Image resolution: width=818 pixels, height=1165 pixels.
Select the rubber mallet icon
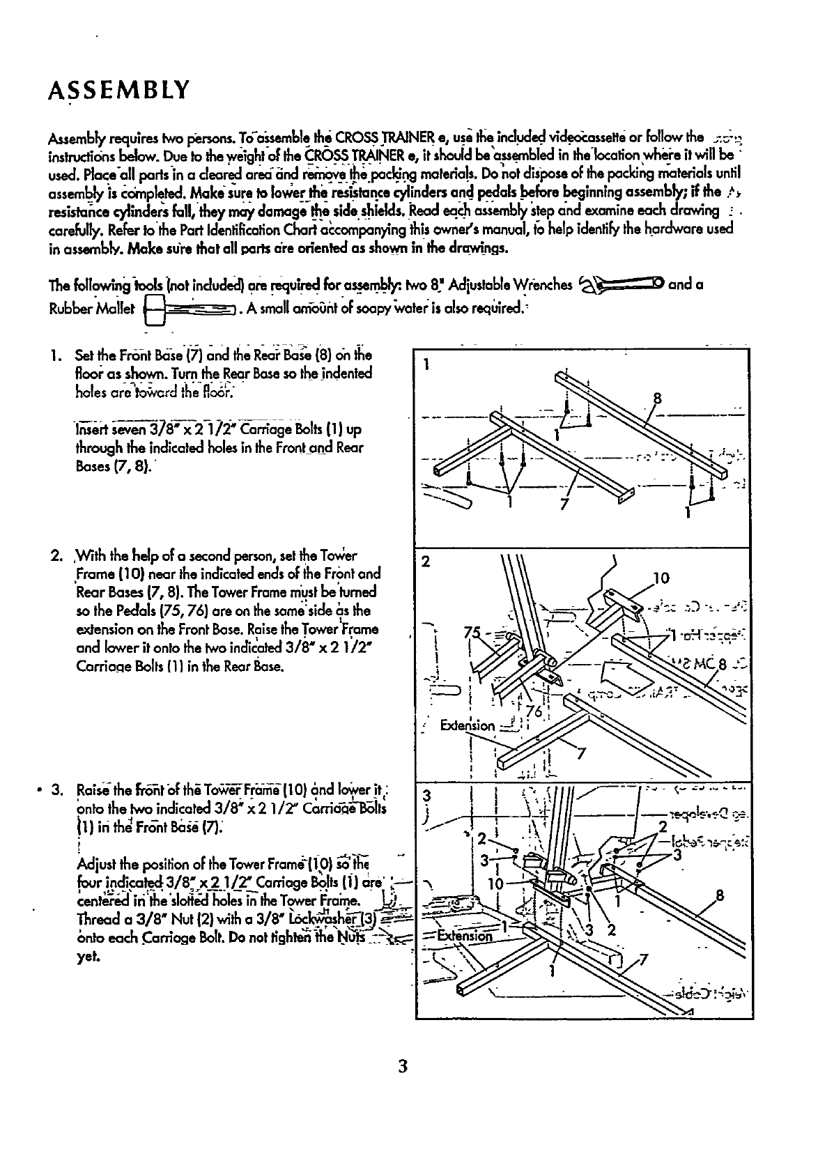click(187, 308)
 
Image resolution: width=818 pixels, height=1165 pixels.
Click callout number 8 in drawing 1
click(656, 399)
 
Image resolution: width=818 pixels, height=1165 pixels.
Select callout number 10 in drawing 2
click(661, 578)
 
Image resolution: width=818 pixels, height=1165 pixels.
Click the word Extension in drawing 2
click(468, 726)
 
